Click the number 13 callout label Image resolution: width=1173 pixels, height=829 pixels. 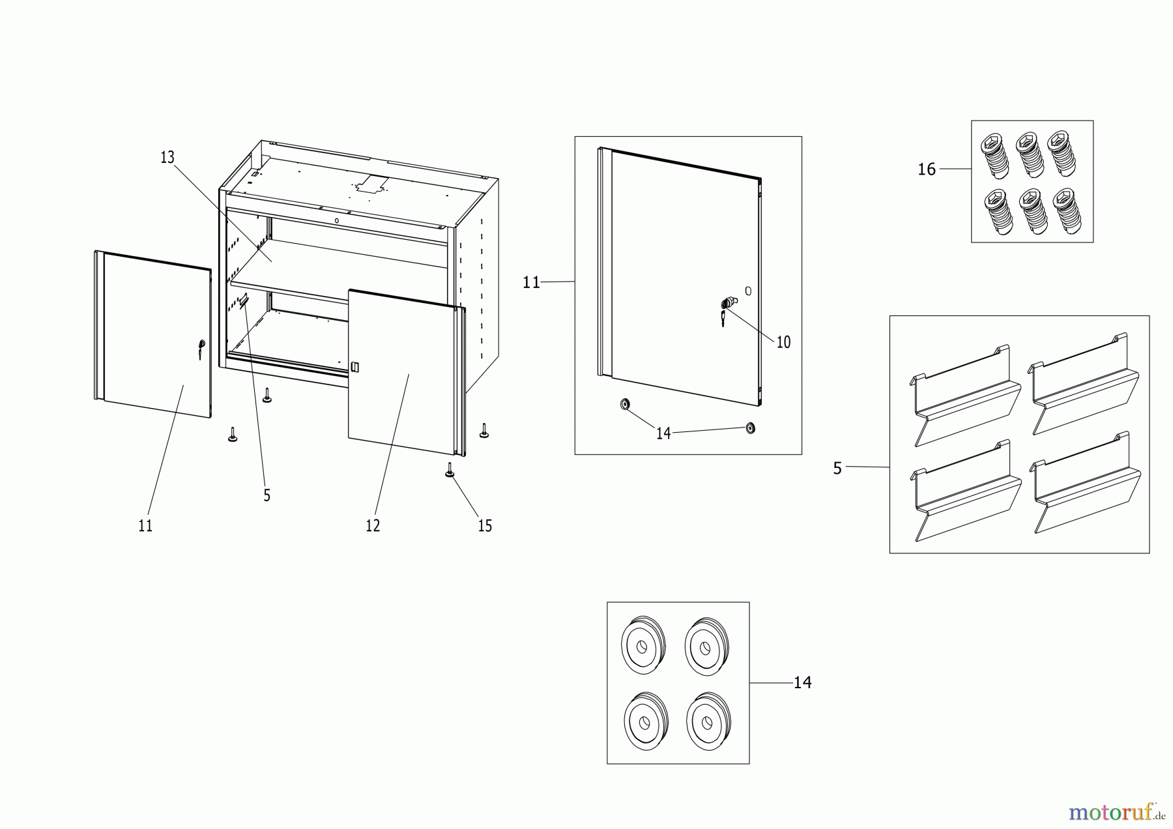tap(167, 158)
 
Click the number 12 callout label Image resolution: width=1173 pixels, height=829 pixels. tap(373, 526)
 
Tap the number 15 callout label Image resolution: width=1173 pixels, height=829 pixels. tap(485, 526)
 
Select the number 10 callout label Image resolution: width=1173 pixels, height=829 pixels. tap(783, 342)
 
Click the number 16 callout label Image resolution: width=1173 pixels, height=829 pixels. tap(926, 170)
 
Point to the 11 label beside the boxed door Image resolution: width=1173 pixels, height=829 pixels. tap(531, 282)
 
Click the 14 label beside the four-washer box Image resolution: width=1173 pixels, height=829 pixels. tap(802, 682)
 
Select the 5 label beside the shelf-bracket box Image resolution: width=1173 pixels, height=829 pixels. tap(837, 469)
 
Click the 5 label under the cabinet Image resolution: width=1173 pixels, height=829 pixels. tap(267, 496)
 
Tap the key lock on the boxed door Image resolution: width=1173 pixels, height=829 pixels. tap(727, 304)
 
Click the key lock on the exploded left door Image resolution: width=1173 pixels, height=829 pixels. tap(201, 346)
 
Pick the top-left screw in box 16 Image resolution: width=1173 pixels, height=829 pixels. tap(994, 156)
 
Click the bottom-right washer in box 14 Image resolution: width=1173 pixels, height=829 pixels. tap(708, 721)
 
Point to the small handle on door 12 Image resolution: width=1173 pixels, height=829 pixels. tap(355, 368)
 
